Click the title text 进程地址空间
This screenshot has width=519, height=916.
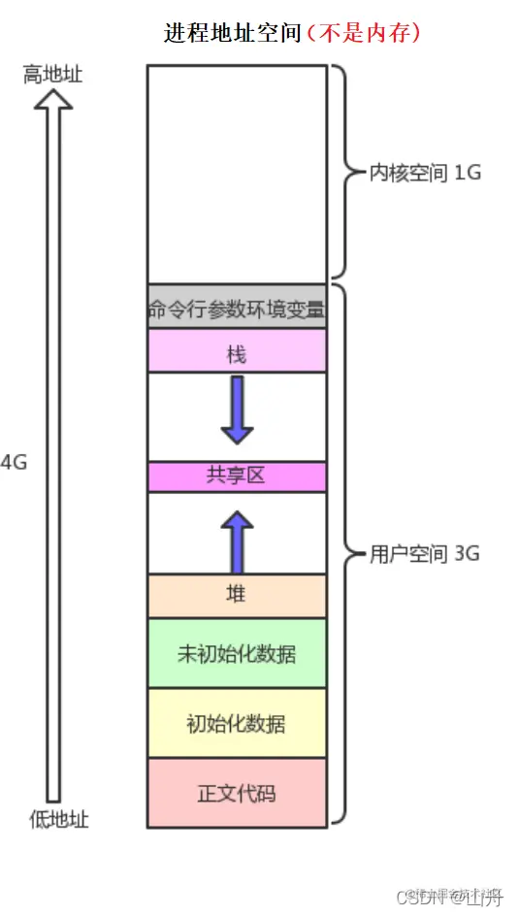point(233,33)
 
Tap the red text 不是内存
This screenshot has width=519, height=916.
point(363,33)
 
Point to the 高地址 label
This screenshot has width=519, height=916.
point(52,75)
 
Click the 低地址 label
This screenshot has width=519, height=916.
point(58,819)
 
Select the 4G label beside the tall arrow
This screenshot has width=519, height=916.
point(15,462)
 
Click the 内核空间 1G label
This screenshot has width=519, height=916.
point(425,173)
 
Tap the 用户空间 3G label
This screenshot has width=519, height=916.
point(425,554)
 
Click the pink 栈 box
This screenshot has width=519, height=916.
point(237,353)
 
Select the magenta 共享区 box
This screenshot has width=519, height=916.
point(237,475)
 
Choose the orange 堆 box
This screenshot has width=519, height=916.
point(237,595)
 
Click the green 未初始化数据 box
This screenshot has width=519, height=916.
point(237,653)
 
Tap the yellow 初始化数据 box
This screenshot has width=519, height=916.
point(237,723)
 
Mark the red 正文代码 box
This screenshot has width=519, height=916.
point(237,793)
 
